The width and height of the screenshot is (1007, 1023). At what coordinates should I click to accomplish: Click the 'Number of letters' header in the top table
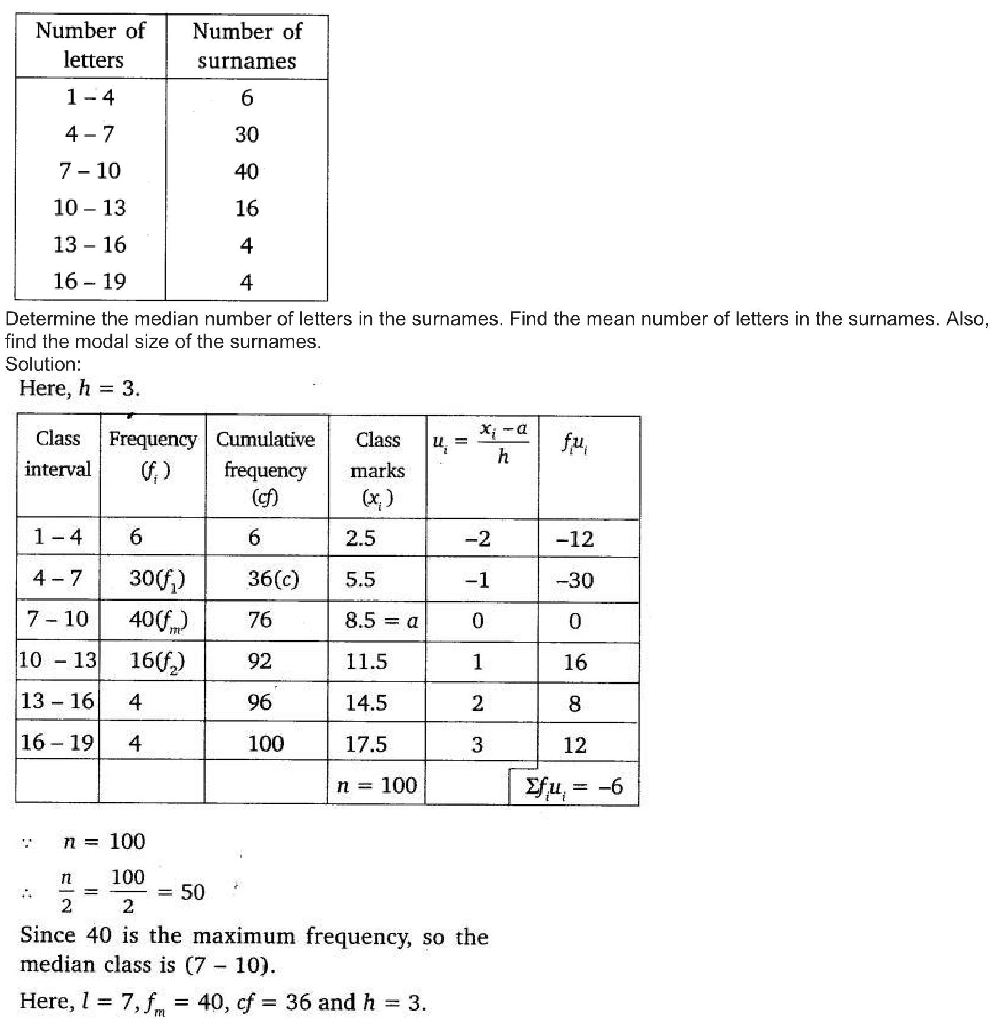point(90,45)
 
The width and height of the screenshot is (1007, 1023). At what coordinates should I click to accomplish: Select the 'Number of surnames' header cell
point(247,46)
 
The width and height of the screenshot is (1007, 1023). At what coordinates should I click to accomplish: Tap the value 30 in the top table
point(246,134)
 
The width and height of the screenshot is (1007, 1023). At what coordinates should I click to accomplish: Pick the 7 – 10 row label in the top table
point(90,171)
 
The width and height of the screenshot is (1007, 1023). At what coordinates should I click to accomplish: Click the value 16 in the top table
point(246,208)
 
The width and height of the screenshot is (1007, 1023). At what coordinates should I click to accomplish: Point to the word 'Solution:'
point(43,364)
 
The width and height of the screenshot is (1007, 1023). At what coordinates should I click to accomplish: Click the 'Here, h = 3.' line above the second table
point(79,389)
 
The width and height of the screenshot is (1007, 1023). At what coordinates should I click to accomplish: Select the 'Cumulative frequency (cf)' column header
point(265,468)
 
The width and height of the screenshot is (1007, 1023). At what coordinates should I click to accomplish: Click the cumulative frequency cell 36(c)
point(273,579)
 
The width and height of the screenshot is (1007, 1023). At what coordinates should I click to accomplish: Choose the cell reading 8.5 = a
point(381,620)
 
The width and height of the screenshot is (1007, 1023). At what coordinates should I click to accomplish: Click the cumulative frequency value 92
point(259,661)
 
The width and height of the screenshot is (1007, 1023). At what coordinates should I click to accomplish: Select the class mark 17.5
point(366,743)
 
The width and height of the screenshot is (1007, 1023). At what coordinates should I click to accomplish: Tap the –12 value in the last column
point(575,538)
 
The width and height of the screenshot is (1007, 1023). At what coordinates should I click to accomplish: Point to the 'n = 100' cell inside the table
point(377,785)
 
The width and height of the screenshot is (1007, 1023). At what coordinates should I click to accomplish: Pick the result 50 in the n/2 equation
point(193,891)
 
